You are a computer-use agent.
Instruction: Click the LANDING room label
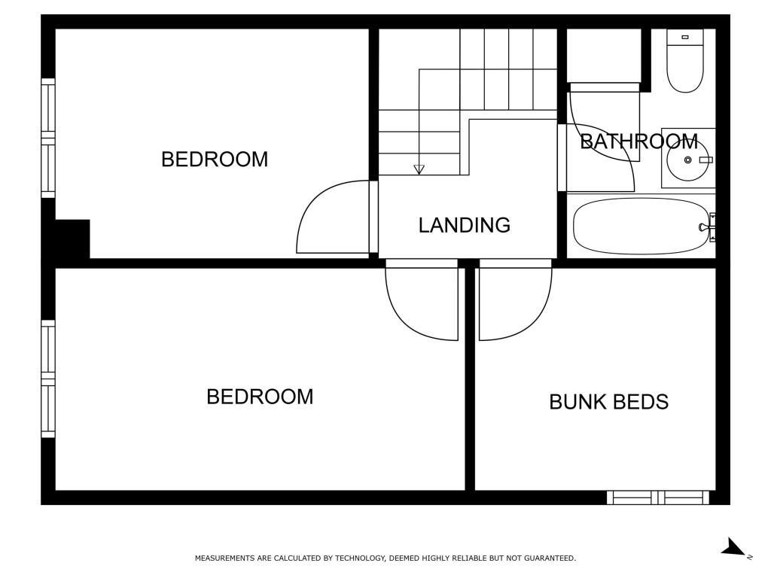pos(464,225)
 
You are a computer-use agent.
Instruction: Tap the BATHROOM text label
pos(638,141)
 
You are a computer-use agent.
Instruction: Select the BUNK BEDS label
pos(608,402)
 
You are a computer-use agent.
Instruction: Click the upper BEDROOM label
pos(215,160)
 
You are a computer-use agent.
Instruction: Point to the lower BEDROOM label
pos(260,397)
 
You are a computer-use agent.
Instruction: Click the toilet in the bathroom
pos(685,60)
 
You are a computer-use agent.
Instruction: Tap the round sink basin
pos(687,160)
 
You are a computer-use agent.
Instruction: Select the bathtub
pos(641,226)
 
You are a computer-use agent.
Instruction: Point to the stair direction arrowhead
pos(419,169)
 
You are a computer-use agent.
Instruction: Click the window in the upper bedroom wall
pos(47,138)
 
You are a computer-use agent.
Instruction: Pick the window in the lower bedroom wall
pos(47,379)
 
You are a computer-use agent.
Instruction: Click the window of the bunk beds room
pos(658,497)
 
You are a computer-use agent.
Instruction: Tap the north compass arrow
pos(733,547)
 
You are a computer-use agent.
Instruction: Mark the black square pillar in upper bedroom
pos(72,239)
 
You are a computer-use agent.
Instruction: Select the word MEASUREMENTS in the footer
pos(224,558)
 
